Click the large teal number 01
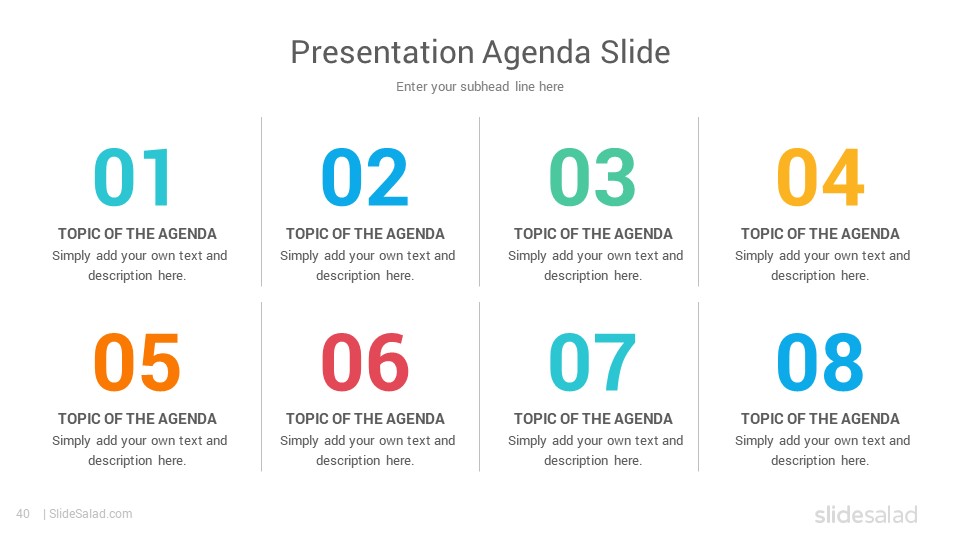click(x=132, y=177)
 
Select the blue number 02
click(x=365, y=177)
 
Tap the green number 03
click(x=593, y=177)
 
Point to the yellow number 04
click(x=820, y=177)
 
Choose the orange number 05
click(x=137, y=362)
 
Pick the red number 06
click(x=365, y=362)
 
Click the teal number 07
click(x=593, y=362)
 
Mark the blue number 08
click(x=820, y=362)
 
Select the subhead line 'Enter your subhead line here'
click(x=480, y=87)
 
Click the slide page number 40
click(x=23, y=514)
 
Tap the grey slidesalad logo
click(x=866, y=514)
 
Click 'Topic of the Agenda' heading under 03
click(x=593, y=234)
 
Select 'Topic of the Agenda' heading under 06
click(x=366, y=419)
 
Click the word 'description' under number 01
click(x=120, y=276)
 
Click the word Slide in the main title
click(x=635, y=52)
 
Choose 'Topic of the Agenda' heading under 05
click(x=138, y=419)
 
